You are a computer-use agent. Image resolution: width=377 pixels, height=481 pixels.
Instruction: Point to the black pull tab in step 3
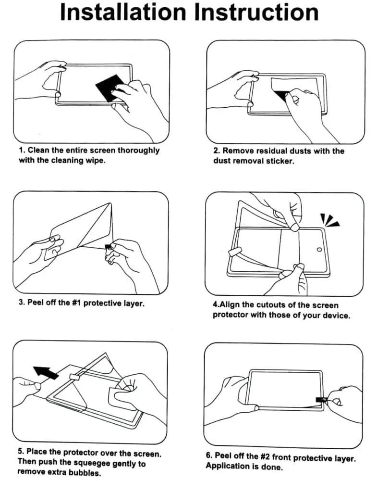click(x=108, y=247)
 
